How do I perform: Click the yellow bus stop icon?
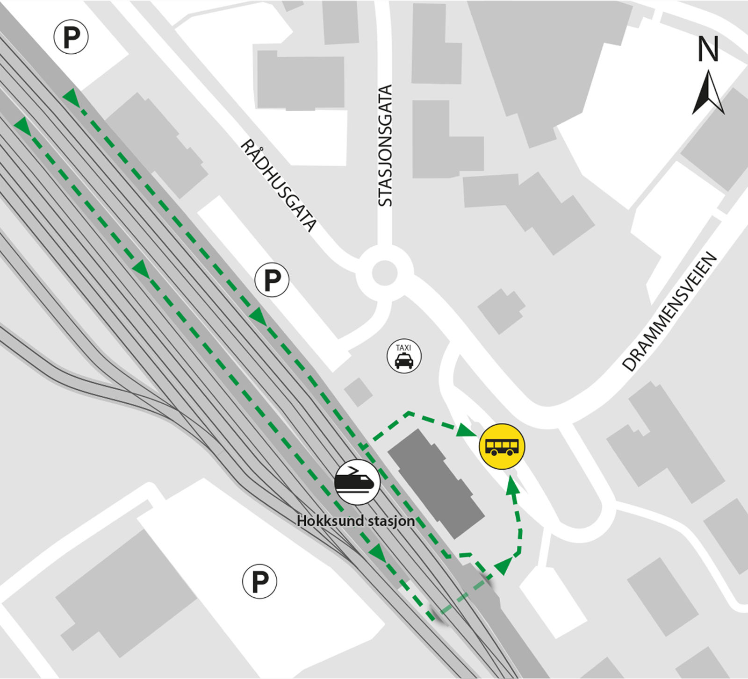pos(502,446)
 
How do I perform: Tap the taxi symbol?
pos(404,357)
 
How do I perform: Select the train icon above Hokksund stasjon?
pos(357,482)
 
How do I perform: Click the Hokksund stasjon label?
pos(356,521)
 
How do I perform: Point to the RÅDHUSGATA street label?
pos(279,186)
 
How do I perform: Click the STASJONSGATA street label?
pos(385,145)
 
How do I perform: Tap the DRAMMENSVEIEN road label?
pos(669,312)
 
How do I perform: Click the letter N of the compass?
pos(708,50)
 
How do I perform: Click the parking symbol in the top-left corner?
pos(71,36)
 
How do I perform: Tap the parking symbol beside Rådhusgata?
pos(272,280)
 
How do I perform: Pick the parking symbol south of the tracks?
pos(259,581)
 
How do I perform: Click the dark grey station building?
pos(436,483)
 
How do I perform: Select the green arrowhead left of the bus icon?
pos(467,429)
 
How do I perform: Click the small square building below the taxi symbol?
pos(359,392)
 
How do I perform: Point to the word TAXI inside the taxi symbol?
pos(403,348)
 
